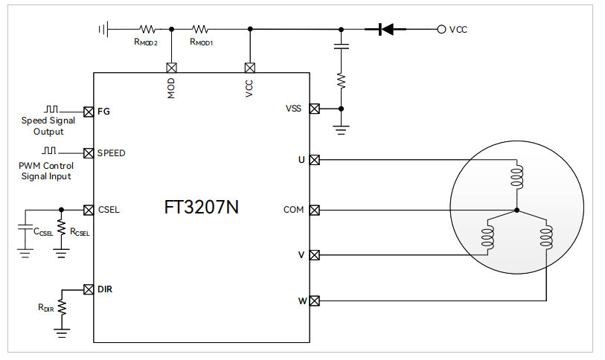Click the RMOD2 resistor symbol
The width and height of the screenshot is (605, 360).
(x=147, y=30)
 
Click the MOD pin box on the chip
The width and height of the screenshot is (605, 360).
(x=172, y=67)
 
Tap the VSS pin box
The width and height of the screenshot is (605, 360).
(x=314, y=109)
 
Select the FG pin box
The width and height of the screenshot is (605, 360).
(x=89, y=111)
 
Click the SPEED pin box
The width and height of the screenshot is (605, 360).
(x=89, y=152)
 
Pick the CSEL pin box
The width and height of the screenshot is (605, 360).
(x=89, y=209)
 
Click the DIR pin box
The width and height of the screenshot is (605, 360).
(x=89, y=289)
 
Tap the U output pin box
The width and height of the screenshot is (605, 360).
(x=314, y=159)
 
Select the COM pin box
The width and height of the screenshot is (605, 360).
(x=314, y=210)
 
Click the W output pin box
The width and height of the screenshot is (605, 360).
(x=314, y=301)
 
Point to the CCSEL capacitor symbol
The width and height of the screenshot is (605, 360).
(x=25, y=226)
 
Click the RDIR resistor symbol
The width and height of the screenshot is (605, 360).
(x=62, y=306)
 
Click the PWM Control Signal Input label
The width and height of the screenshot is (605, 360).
(x=45, y=171)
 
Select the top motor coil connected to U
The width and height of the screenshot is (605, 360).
(x=515, y=177)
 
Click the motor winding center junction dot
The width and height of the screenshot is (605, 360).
(x=515, y=210)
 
